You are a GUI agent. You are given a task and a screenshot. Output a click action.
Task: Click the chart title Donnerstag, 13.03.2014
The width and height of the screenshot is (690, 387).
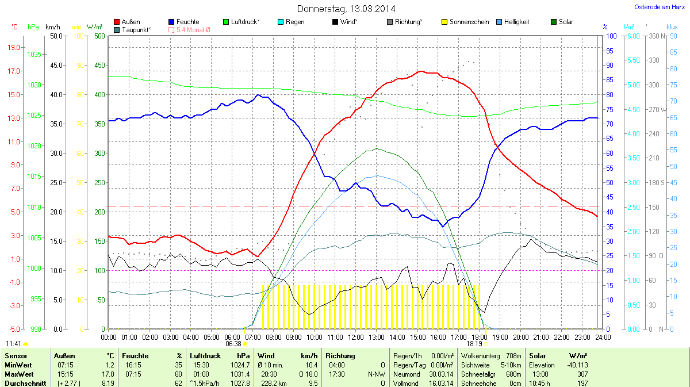(x=346, y=9)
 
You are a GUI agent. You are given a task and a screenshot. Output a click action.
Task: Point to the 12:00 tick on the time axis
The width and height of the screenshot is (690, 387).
(x=356, y=337)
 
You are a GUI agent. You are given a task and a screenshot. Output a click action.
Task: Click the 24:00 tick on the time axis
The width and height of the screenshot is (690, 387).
(x=603, y=337)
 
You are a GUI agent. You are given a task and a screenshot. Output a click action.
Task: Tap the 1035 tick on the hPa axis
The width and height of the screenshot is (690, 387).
(x=34, y=55)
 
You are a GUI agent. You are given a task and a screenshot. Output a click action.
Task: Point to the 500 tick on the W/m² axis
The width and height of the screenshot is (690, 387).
(x=99, y=36)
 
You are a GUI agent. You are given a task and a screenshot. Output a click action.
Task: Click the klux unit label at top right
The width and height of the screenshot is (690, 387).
(x=672, y=27)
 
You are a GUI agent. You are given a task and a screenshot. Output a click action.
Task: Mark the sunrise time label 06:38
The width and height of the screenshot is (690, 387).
(x=233, y=344)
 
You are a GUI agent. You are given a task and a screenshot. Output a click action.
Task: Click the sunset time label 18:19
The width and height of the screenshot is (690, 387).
(x=474, y=344)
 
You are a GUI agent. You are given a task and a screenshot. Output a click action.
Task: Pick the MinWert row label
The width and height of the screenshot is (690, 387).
(x=18, y=365)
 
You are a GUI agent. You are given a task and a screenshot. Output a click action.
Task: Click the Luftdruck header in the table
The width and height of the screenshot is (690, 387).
(x=205, y=356)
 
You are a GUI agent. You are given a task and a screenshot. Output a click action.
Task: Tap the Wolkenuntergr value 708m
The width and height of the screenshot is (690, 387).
(x=513, y=356)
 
